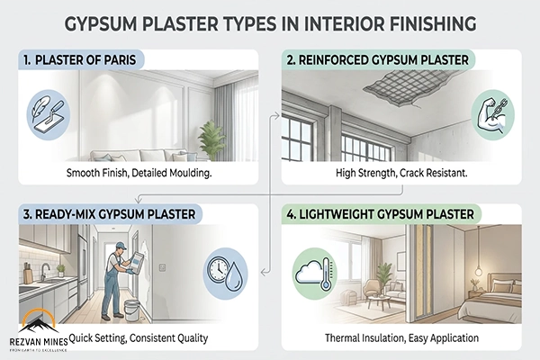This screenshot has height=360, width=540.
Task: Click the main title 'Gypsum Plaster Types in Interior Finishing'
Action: point(270,21)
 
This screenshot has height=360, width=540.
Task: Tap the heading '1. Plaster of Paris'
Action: point(78,60)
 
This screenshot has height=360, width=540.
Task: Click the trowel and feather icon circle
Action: point(44,112)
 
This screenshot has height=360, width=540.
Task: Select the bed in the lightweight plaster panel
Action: point(493,301)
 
